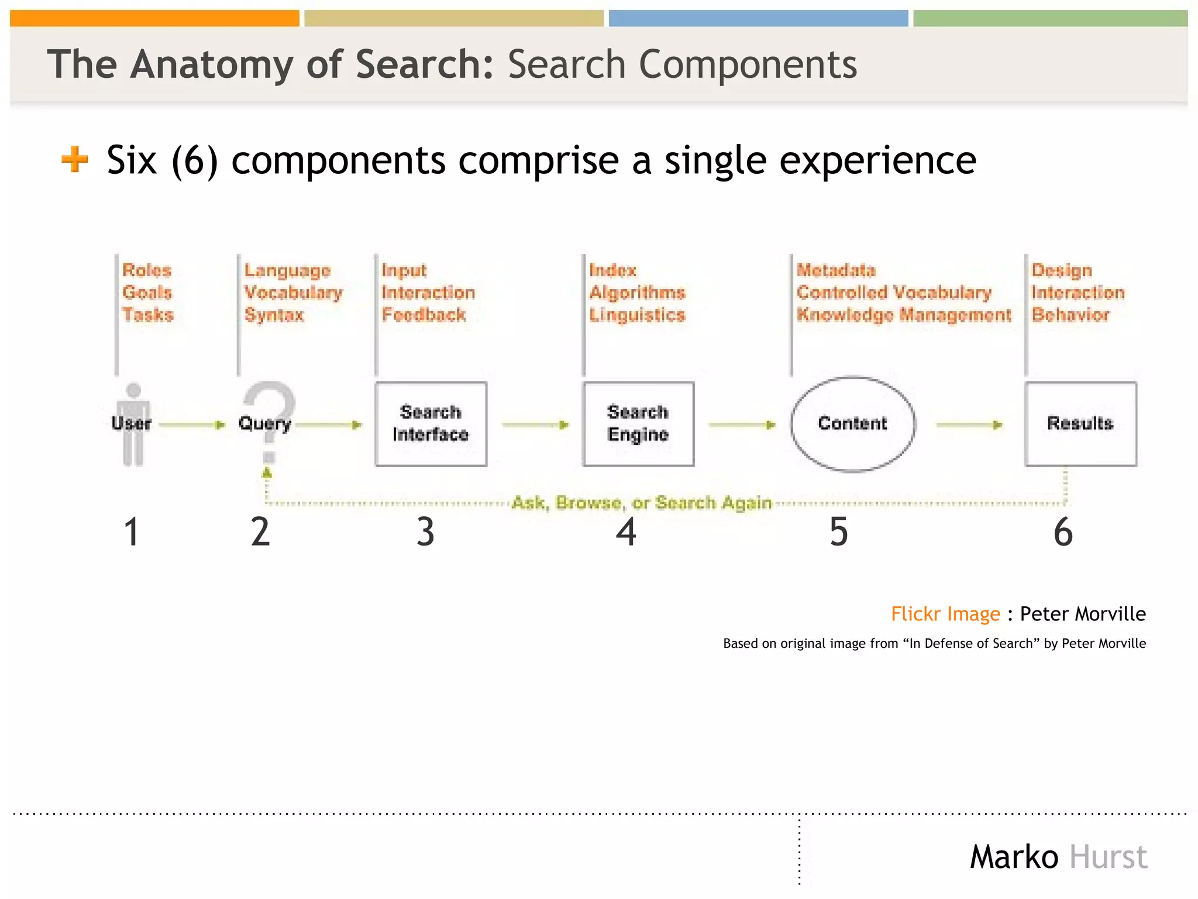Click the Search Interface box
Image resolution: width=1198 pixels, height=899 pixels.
click(x=431, y=424)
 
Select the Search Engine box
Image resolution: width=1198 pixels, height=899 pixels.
click(x=638, y=424)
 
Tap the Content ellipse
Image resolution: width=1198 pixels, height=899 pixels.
click(x=853, y=424)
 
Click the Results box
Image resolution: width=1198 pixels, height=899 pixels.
click(x=1080, y=424)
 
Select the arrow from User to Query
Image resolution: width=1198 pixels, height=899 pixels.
click(x=192, y=424)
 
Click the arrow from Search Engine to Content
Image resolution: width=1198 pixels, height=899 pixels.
click(x=742, y=424)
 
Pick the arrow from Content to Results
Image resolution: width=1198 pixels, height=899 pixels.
click(x=969, y=424)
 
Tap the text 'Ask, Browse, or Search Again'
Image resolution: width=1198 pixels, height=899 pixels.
click(x=642, y=503)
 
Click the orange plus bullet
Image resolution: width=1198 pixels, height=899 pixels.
click(x=75, y=159)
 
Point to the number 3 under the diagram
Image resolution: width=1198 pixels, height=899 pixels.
click(x=425, y=532)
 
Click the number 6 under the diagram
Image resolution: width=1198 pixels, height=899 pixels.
click(x=1063, y=532)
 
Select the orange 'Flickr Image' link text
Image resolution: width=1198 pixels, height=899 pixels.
click(x=945, y=614)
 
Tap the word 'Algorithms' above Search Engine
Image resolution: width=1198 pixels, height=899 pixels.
click(x=637, y=293)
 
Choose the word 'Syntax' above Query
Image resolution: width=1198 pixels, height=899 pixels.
click(x=274, y=315)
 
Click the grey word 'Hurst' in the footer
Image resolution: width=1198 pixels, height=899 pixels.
click(x=1108, y=857)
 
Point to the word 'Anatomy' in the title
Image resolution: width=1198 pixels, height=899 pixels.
click(x=212, y=64)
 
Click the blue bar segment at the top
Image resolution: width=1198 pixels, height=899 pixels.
click(x=758, y=18)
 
